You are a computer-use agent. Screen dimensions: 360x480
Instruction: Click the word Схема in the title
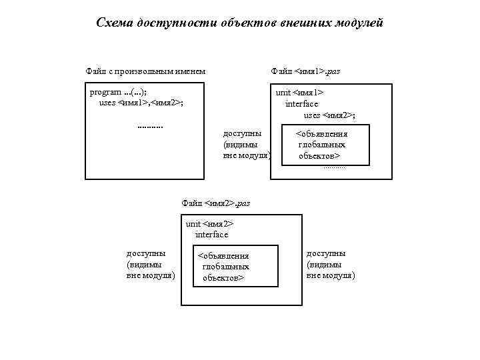coord(115,23)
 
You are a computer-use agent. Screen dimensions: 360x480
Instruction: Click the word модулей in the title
coord(360,23)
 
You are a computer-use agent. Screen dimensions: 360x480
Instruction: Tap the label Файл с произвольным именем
coord(145,71)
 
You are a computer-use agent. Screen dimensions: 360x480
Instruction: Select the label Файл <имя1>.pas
coord(305,71)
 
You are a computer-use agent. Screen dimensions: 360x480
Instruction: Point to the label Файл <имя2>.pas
coord(215,203)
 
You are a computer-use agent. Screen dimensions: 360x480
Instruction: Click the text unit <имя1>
coord(300,93)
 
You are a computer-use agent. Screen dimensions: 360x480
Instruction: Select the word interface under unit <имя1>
coord(301,104)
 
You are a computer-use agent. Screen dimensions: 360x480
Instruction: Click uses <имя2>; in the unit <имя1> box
coord(329,115)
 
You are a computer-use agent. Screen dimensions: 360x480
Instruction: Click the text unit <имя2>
coord(209,224)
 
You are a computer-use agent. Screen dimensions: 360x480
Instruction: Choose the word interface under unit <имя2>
coord(211,235)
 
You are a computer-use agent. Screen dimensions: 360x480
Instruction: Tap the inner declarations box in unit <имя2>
coord(235,266)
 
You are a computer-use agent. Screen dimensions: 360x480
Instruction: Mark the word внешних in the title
coord(313,23)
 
